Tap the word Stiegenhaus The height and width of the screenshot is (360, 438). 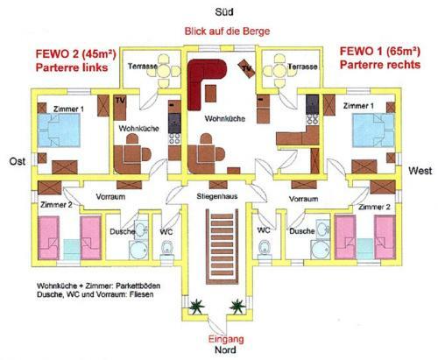point(217,196)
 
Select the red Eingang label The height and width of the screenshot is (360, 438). point(226,339)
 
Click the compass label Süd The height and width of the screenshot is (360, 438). point(224,12)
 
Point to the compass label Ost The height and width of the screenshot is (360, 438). point(18,161)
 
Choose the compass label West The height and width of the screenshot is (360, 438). point(420,171)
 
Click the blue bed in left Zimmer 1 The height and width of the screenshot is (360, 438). point(59,130)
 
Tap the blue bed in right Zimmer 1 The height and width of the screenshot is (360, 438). point(373,130)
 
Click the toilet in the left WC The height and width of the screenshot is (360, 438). point(167,250)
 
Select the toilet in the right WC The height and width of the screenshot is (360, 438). point(265,249)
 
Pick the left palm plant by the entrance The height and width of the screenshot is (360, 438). point(196,306)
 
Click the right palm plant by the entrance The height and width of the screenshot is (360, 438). point(237,306)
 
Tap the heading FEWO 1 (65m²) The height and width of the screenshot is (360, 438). point(380,52)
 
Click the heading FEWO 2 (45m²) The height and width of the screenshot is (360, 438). point(76,54)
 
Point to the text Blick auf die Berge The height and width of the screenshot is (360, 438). point(227,32)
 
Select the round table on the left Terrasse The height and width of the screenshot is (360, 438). point(165,71)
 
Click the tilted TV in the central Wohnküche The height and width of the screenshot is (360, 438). point(247,68)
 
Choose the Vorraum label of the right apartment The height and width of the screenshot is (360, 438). point(303,199)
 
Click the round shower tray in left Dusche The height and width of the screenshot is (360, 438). point(138,250)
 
